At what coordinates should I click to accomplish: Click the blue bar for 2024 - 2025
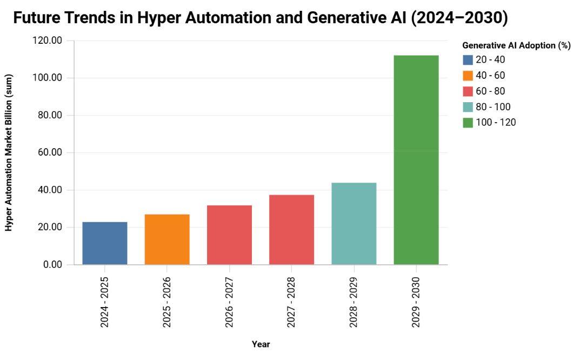105,243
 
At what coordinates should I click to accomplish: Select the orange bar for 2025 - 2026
167,239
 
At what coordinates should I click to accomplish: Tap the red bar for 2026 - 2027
229,235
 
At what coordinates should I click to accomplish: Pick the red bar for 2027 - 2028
291,230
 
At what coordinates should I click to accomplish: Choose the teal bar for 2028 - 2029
354,224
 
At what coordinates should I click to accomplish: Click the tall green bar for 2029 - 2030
416,160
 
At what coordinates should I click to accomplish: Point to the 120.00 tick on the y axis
48,41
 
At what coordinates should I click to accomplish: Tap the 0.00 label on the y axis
52,264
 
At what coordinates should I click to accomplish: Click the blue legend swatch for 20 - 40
468,60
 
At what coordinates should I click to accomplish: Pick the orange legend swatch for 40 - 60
468,76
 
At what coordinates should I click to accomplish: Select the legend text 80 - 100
493,107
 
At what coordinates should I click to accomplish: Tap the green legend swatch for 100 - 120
468,123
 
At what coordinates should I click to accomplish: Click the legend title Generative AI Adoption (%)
516,46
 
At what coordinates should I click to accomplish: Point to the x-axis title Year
261,344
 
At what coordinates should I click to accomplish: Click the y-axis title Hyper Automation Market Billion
9,153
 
